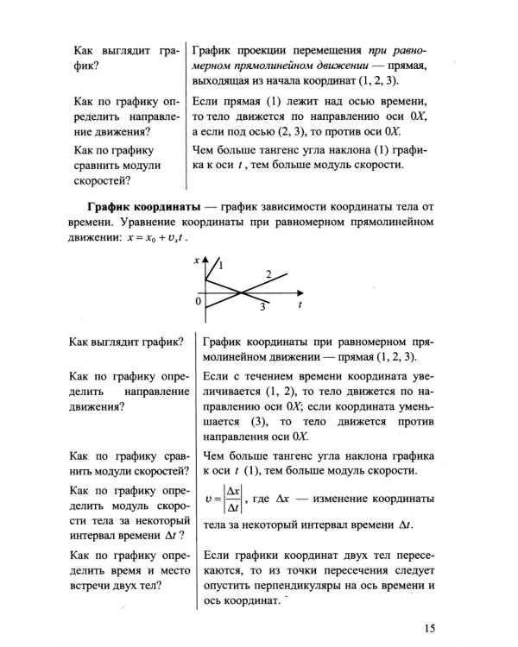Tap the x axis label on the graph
pos(197,260)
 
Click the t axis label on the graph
pos(299,305)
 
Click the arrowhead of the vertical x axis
pos(206,257)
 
